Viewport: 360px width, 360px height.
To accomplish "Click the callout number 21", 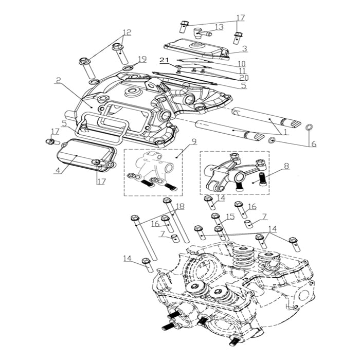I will click(164, 61).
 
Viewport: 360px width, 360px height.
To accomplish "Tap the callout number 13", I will click(219, 27).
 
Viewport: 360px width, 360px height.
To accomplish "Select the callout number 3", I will click(245, 49).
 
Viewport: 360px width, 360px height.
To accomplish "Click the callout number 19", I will click(142, 59).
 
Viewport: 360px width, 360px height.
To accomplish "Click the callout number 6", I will click(313, 144).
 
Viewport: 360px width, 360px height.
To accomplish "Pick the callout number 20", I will click(244, 77).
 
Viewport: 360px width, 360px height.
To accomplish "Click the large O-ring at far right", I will click(310, 127).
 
